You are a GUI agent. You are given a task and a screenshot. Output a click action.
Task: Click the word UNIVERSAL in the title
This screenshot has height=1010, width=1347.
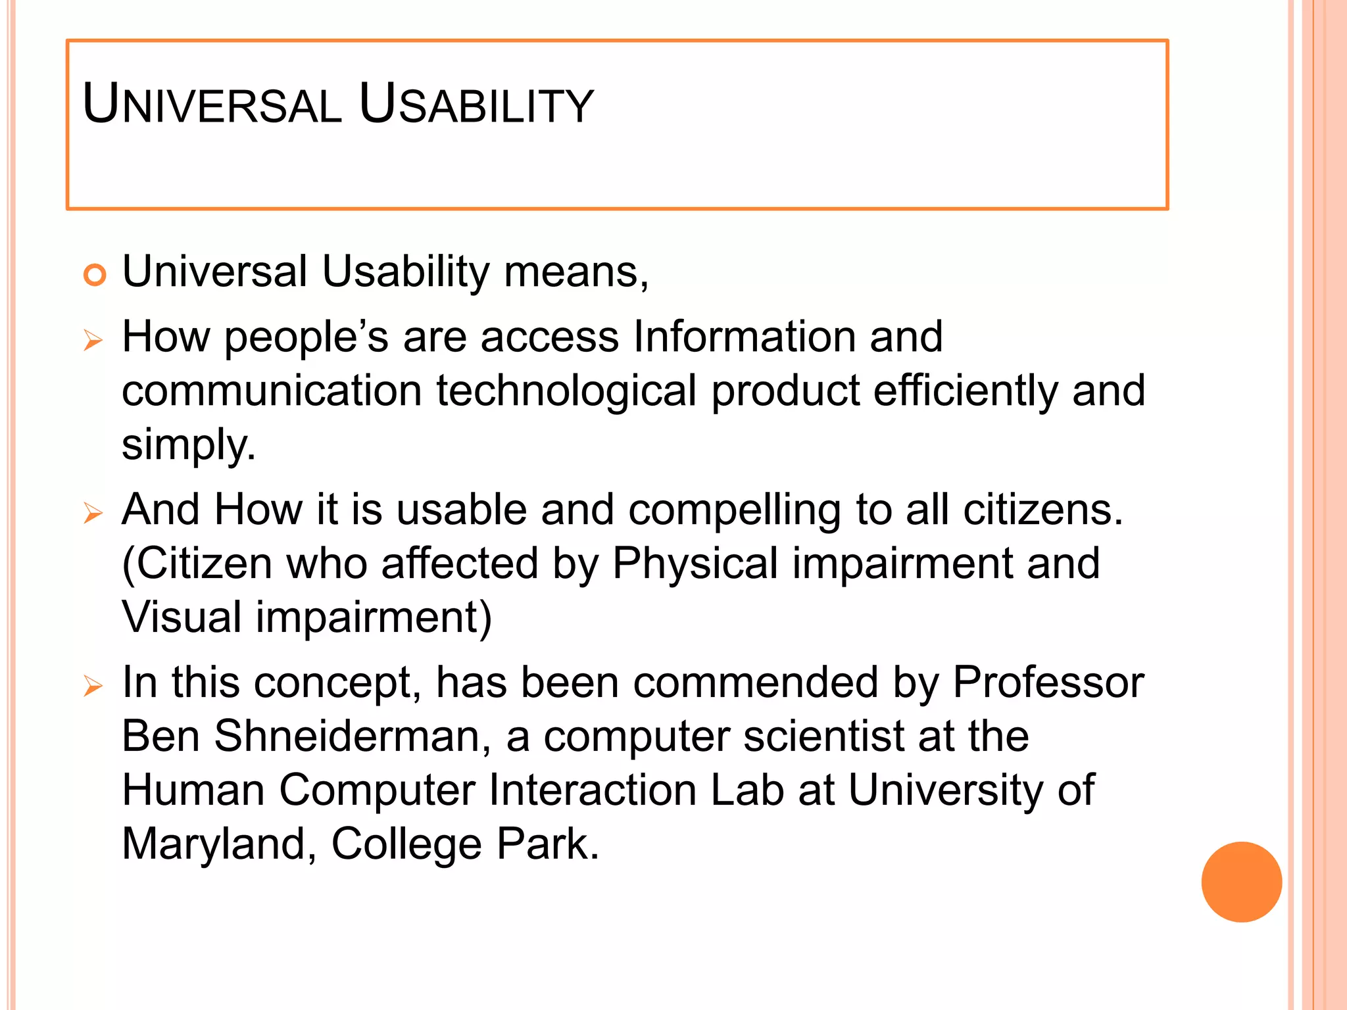point(212,105)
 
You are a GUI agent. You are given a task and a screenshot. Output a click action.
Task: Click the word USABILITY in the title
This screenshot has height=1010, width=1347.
point(476,105)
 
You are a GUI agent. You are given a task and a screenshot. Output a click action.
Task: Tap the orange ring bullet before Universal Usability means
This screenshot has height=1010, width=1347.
point(95,274)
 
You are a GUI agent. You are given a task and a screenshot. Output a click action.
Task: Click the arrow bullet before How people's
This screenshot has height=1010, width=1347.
point(93,341)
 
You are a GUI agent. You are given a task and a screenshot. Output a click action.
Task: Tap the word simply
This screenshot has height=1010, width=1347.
point(188,446)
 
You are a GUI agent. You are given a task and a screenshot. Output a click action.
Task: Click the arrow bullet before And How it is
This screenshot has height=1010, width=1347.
point(93,513)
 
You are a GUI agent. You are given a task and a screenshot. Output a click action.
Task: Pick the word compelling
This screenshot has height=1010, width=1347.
point(734,510)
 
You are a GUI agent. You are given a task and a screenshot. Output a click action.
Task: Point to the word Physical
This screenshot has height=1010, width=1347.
point(695,564)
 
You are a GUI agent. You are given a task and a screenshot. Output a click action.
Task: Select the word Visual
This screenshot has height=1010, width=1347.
point(182,618)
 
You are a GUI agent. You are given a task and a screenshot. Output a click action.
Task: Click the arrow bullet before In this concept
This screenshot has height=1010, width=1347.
point(93,686)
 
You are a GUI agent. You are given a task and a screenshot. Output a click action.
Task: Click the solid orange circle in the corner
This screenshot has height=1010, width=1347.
point(1241,882)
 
